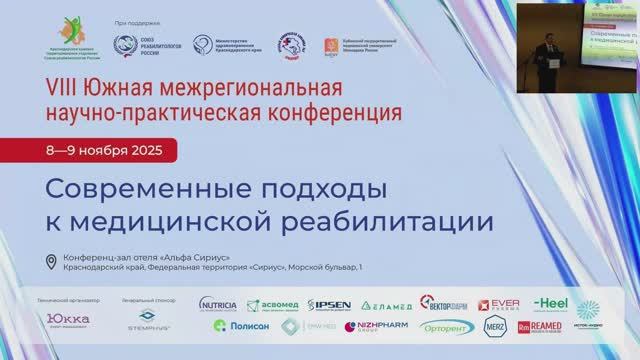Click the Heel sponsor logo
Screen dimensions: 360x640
[x=550, y=303]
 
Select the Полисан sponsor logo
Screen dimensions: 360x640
[x=238, y=326]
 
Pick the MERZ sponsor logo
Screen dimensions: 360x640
[x=495, y=327]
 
